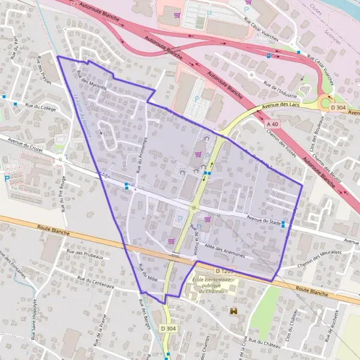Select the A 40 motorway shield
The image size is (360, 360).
(272, 123)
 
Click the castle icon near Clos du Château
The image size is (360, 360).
(233, 311)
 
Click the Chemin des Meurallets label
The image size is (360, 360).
(319, 254)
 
